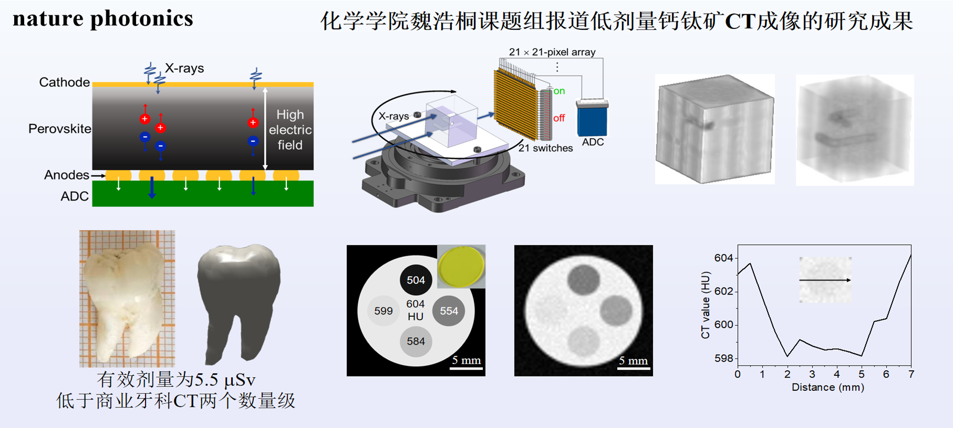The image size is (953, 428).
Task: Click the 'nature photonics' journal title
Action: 103,19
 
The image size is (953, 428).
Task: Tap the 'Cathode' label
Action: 64,82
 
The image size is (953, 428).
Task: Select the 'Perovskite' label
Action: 59,129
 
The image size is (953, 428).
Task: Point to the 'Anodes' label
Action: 67,175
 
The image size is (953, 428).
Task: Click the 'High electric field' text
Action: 290,130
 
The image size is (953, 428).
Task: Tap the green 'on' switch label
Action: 559,91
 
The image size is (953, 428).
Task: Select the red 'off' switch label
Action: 559,118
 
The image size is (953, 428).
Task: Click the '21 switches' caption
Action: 545,148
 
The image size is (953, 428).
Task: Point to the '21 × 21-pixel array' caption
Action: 552,52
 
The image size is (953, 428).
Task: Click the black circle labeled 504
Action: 416,280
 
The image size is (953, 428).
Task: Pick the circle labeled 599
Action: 384,311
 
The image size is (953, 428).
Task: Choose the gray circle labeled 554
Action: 449,311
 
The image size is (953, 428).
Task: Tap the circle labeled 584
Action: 416,341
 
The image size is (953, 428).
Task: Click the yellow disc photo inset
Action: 461,266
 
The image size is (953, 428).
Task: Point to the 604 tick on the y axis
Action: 723,258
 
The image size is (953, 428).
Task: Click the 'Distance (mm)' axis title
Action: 828,388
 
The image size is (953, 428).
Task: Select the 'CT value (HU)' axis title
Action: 706,305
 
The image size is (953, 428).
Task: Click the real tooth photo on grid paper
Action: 127,298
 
